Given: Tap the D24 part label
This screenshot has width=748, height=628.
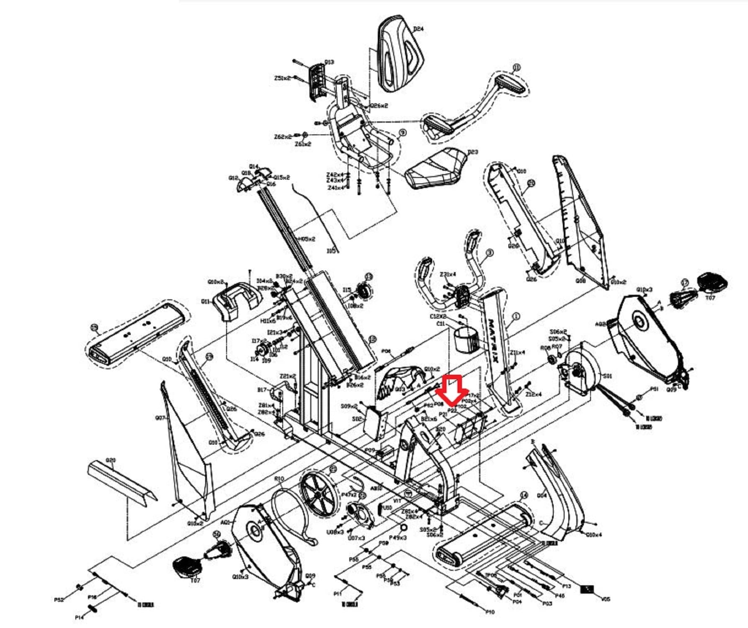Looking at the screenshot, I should pyautogui.click(x=418, y=29).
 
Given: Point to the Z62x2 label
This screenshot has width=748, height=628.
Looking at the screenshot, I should pyautogui.click(x=283, y=137).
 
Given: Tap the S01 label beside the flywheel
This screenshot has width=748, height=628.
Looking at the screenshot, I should pyautogui.click(x=607, y=376).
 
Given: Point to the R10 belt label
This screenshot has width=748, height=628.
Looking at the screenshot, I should pyautogui.click(x=279, y=479).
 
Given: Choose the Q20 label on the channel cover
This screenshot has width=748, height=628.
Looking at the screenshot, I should pyautogui.click(x=111, y=460).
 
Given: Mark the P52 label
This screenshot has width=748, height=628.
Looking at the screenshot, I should pyautogui.click(x=59, y=600).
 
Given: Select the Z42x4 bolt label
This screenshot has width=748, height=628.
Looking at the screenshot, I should pyautogui.click(x=335, y=175).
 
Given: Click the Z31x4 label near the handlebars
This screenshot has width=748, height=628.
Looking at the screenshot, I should pyautogui.click(x=448, y=274).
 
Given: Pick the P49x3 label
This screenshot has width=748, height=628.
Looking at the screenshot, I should pyautogui.click(x=397, y=538).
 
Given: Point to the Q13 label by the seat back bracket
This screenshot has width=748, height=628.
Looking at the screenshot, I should pyautogui.click(x=329, y=62).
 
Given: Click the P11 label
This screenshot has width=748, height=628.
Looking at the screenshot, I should pyautogui.click(x=338, y=594).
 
